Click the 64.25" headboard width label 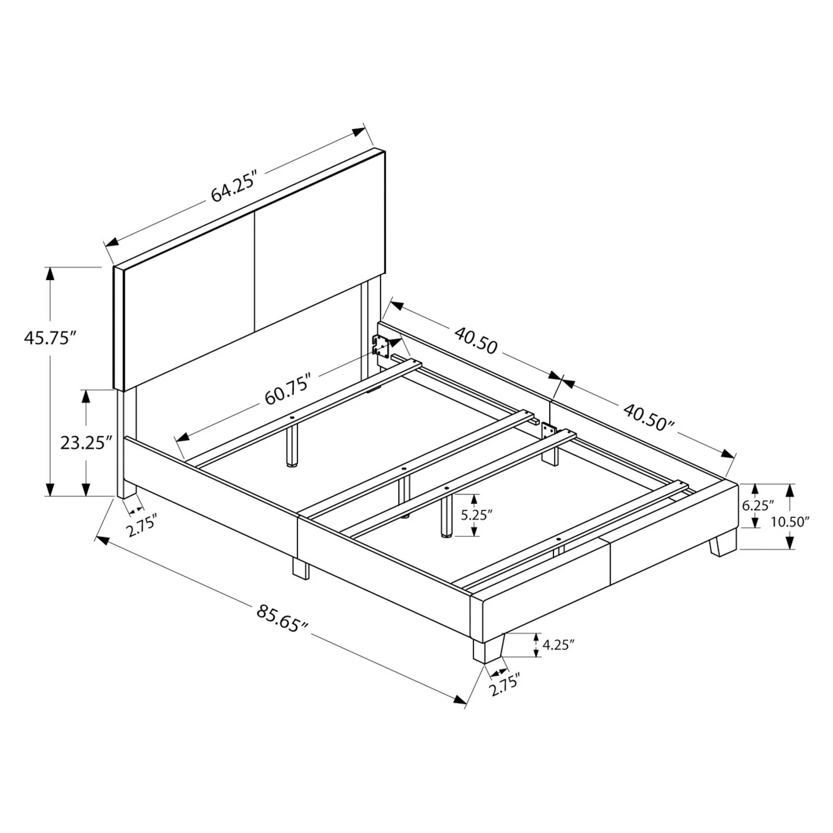[235, 186]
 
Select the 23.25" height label [86, 443]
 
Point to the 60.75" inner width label [288, 389]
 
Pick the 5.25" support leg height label [476, 515]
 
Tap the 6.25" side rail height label [758, 505]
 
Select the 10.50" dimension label [790, 521]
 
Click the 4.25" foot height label [558, 645]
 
